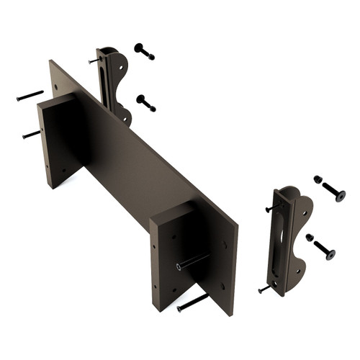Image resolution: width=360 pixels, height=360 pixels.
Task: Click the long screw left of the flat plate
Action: [30, 95]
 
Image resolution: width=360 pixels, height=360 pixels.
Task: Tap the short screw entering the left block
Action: [31, 134]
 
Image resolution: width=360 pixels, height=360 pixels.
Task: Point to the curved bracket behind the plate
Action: [117, 83]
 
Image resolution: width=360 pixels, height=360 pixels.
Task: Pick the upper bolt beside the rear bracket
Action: [144, 51]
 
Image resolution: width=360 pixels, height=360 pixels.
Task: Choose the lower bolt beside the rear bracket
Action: [145, 103]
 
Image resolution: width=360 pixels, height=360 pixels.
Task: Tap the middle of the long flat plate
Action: [144, 166]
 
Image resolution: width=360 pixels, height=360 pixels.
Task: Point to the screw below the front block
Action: [192, 302]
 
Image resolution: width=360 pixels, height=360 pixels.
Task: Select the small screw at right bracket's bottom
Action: [264, 289]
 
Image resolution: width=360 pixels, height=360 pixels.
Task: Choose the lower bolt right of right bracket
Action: [324, 250]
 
